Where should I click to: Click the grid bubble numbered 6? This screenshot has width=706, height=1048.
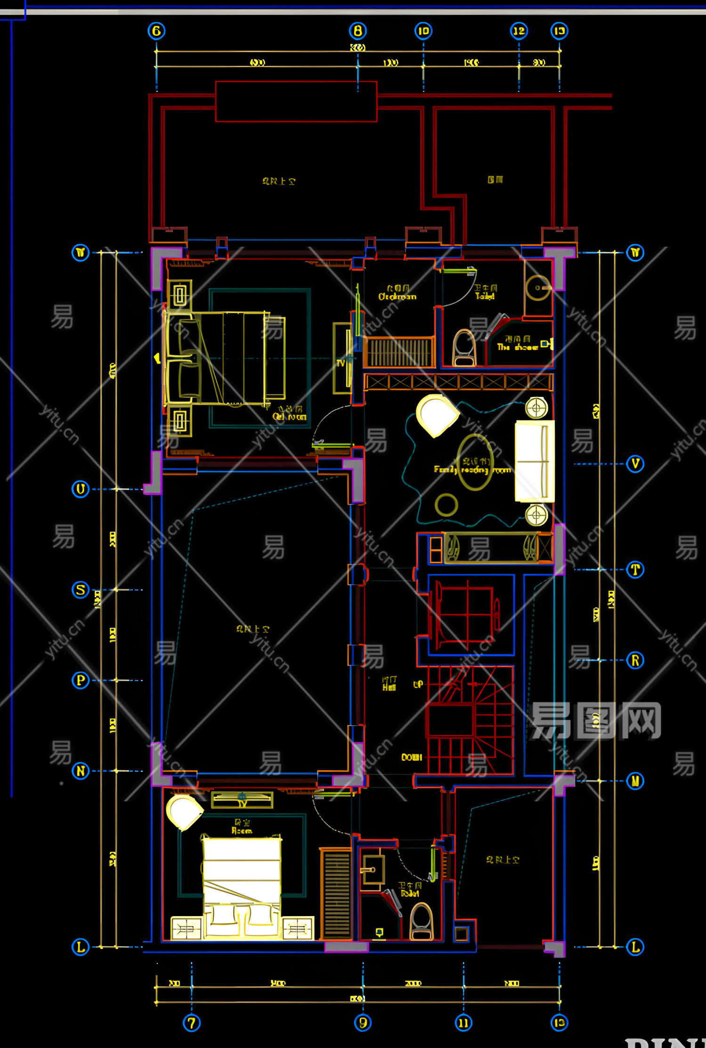(x=156, y=31)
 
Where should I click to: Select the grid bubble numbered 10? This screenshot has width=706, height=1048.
(x=423, y=31)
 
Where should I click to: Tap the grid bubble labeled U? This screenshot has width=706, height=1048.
(x=81, y=489)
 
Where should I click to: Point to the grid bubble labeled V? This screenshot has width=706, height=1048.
(x=635, y=464)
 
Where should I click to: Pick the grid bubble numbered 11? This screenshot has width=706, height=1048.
(x=463, y=1023)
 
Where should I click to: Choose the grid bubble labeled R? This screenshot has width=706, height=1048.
(x=635, y=660)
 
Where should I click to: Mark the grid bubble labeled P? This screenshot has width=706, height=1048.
(x=81, y=680)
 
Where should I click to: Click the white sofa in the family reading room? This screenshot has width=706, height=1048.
(x=534, y=461)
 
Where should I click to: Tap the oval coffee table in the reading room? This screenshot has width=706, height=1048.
(x=475, y=462)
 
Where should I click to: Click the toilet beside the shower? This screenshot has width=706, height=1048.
(x=464, y=348)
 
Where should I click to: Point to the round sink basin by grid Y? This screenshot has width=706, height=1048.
(x=538, y=288)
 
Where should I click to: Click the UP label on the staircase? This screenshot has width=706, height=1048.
(x=418, y=684)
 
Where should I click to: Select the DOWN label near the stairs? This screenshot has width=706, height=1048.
(x=411, y=757)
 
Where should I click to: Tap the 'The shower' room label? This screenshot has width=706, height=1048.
(x=517, y=347)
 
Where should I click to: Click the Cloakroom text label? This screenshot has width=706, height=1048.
(x=397, y=297)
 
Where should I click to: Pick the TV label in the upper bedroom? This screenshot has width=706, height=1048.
(x=341, y=363)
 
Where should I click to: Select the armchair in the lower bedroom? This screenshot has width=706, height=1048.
(x=184, y=811)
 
